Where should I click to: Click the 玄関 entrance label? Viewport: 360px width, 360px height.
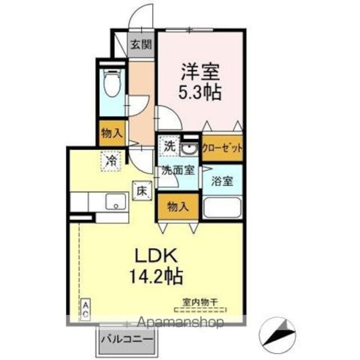(x=141, y=44)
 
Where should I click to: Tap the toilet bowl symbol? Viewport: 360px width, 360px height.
(x=112, y=83)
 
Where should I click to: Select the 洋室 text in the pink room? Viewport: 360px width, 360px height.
(x=201, y=71)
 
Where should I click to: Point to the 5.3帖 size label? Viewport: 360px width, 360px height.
(x=200, y=92)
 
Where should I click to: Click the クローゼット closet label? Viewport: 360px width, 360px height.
(x=222, y=148)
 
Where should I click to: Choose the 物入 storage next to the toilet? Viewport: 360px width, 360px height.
(x=112, y=133)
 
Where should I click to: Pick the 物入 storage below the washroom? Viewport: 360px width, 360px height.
(x=178, y=206)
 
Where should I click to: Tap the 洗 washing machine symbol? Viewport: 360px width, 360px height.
(x=169, y=146)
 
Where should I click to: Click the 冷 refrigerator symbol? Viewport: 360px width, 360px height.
(x=111, y=161)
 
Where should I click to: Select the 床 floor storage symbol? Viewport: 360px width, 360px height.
(x=142, y=191)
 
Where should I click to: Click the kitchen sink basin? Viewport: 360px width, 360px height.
(x=116, y=201)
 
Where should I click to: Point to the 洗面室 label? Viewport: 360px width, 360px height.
(x=178, y=170)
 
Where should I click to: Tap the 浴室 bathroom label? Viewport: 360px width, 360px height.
(x=222, y=181)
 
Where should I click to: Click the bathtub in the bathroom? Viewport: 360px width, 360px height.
(x=222, y=208)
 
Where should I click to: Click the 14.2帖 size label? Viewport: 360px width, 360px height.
(x=156, y=276)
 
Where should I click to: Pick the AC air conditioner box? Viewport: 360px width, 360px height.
(x=85, y=309)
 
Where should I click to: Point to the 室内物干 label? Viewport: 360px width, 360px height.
(x=200, y=301)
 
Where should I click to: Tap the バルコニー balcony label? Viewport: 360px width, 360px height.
(x=127, y=339)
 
